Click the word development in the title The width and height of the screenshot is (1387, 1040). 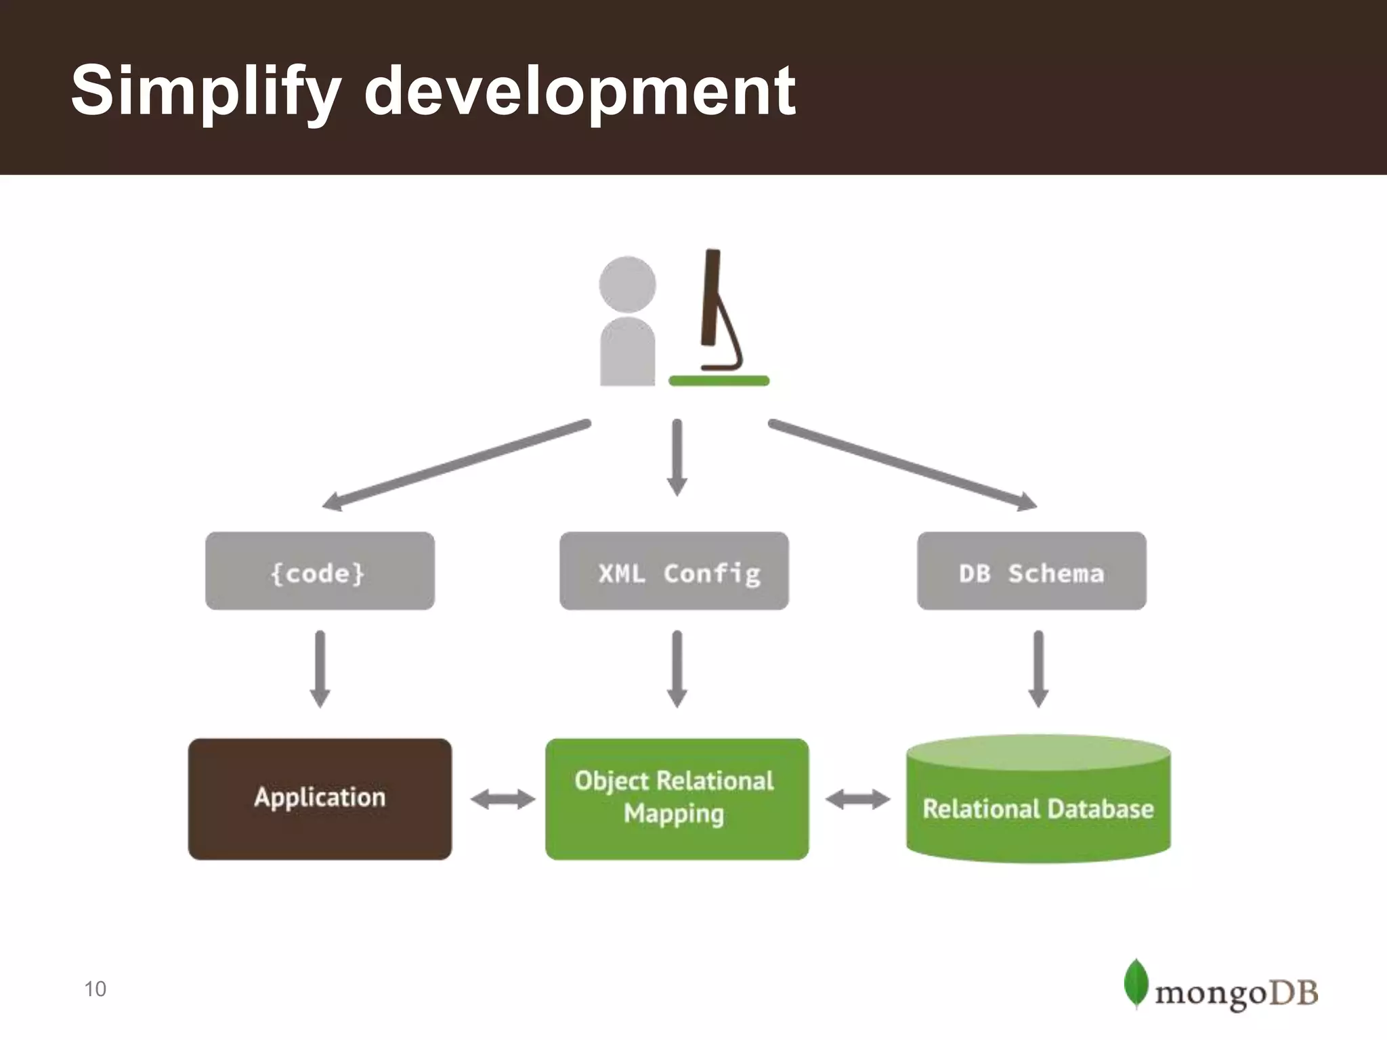[579, 91]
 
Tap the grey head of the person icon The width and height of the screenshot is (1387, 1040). [627, 284]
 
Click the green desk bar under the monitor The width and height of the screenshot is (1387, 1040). [719, 381]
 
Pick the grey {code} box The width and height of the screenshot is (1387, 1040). [320, 571]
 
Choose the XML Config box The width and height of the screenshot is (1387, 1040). [675, 571]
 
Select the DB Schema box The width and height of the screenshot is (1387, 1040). [1031, 571]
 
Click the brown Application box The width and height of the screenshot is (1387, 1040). [320, 799]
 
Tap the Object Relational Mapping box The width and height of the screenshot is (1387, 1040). [677, 799]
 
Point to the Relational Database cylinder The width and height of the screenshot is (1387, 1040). [1038, 806]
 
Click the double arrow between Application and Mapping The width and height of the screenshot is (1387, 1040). [503, 800]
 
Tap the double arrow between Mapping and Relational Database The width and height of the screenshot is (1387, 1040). [857, 800]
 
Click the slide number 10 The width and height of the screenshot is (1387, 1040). [95, 989]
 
